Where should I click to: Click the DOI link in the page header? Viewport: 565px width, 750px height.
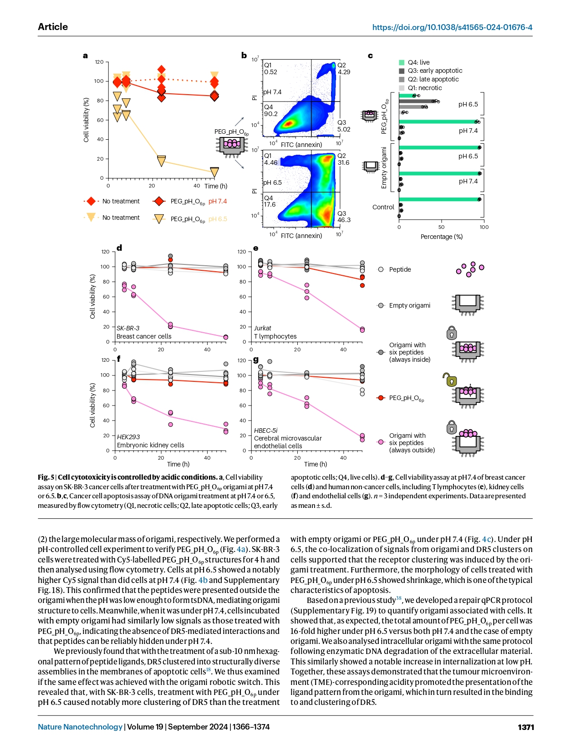click(452, 27)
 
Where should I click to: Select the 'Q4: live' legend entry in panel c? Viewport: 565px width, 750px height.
click(414, 62)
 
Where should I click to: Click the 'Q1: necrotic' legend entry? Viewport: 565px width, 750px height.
click(420, 88)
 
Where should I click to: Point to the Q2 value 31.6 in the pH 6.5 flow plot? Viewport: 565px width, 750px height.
click(343, 162)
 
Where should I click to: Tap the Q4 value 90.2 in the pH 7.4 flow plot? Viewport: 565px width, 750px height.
click(270, 114)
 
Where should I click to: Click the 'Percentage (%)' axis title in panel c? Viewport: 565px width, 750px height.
click(441, 237)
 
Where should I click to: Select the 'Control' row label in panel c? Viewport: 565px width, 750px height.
click(383, 207)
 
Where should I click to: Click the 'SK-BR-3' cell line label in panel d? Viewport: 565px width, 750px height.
click(128, 328)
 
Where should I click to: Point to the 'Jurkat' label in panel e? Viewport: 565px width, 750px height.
click(262, 328)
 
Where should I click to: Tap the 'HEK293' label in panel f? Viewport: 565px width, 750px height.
click(128, 437)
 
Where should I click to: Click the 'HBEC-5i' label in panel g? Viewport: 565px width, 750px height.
click(265, 431)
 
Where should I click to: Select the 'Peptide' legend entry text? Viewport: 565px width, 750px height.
click(400, 269)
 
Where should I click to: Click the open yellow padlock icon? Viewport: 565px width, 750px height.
click(450, 379)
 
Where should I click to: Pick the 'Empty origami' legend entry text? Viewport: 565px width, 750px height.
click(409, 305)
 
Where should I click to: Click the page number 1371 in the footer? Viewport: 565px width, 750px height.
click(525, 727)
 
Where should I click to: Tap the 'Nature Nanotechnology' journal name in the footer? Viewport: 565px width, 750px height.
click(80, 727)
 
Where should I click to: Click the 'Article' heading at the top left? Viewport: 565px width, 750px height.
click(53, 27)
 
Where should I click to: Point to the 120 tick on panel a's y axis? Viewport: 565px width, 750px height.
click(99, 62)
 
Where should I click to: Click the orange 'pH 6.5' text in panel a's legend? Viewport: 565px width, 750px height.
click(217, 219)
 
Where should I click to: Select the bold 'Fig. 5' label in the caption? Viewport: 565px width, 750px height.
click(46, 477)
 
